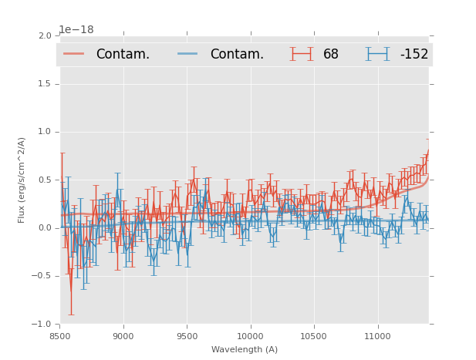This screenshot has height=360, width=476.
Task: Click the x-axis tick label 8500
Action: tap(59, 336)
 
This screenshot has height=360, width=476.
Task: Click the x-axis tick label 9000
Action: tap(123, 336)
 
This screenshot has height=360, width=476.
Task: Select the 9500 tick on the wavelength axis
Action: tap(187, 336)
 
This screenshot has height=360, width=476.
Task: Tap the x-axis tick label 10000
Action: tap(250, 336)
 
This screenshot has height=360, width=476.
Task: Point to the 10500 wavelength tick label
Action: tap(314, 336)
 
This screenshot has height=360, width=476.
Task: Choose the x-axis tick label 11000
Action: tap(377, 336)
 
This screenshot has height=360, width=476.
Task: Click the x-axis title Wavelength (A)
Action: tap(245, 349)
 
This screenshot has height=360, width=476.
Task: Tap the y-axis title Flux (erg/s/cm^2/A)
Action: tap(22, 180)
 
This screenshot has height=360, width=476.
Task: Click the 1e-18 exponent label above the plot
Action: tap(76, 29)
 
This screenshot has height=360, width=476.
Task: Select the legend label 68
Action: tap(331, 54)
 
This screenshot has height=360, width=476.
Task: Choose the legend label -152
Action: tap(414, 54)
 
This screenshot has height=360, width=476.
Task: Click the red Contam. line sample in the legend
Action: tap(74, 54)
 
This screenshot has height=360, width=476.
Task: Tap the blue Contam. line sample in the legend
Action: tap(188, 54)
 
